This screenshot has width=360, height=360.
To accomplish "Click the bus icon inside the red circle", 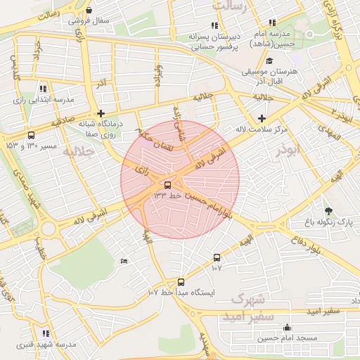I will (167, 186).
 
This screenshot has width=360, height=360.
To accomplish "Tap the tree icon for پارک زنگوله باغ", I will (328, 210).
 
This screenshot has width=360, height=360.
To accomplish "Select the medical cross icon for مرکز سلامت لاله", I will (262, 118).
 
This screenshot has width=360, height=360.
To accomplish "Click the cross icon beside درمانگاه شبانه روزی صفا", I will (101, 112).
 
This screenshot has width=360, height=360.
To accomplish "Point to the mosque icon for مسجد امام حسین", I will (287, 327).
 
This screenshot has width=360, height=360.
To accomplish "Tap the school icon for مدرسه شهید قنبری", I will (46, 333).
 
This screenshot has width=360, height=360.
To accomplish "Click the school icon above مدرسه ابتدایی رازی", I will (43, 89).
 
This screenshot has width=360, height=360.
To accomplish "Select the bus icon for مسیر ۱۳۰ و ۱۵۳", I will (30, 135).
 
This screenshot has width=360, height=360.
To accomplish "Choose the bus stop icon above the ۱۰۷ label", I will (217, 257).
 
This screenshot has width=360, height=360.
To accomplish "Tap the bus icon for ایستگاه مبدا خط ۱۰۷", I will (181, 281).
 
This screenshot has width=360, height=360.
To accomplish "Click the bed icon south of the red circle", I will (124, 262).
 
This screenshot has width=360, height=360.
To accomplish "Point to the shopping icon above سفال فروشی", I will (89, 10).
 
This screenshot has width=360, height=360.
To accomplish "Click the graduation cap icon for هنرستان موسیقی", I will (269, 60).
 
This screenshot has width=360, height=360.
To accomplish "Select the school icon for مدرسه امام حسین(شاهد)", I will (272, 24).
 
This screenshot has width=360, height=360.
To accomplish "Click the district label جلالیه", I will (78, 152).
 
